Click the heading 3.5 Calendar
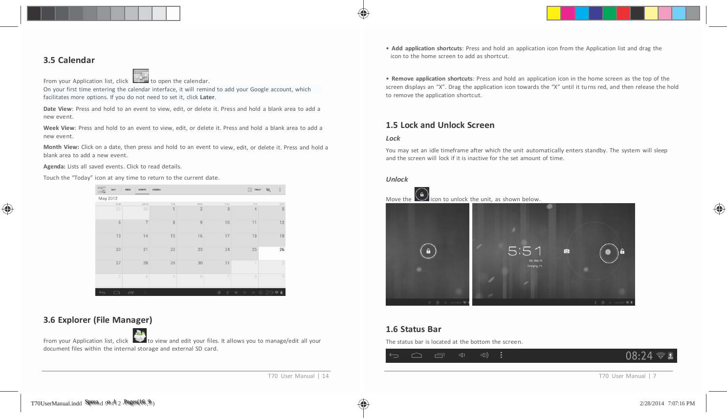click(69, 60)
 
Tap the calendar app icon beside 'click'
click(141, 76)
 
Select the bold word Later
click(207, 97)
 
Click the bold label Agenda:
click(54, 167)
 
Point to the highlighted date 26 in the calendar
click(282, 250)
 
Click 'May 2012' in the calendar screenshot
click(108, 199)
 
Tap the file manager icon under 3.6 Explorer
click(140, 335)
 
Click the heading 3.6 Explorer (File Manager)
click(98, 320)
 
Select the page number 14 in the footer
click(326, 376)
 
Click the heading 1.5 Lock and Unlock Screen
click(440, 125)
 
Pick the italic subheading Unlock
click(397, 179)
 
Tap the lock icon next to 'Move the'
click(421, 194)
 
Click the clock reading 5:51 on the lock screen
click(525, 251)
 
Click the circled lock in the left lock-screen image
click(428, 251)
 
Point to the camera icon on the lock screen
click(567, 251)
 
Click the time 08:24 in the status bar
click(639, 355)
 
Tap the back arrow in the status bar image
click(394, 355)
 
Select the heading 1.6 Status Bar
click(414, 329)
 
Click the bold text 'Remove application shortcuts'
click(432, 79)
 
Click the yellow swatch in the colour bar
click(553, 13)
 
